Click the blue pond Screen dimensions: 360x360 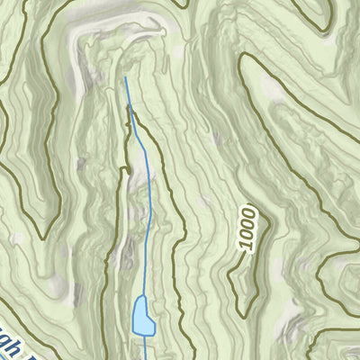pos(141,316)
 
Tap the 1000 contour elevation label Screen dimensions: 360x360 pos(247,228)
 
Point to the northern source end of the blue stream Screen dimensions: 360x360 pos(125,76)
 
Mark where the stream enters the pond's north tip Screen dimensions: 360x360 pos(141,296)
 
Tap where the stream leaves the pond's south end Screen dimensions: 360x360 pos(144,335)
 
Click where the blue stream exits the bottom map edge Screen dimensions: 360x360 pos(145,358)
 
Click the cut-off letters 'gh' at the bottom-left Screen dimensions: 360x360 pos(13,345)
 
